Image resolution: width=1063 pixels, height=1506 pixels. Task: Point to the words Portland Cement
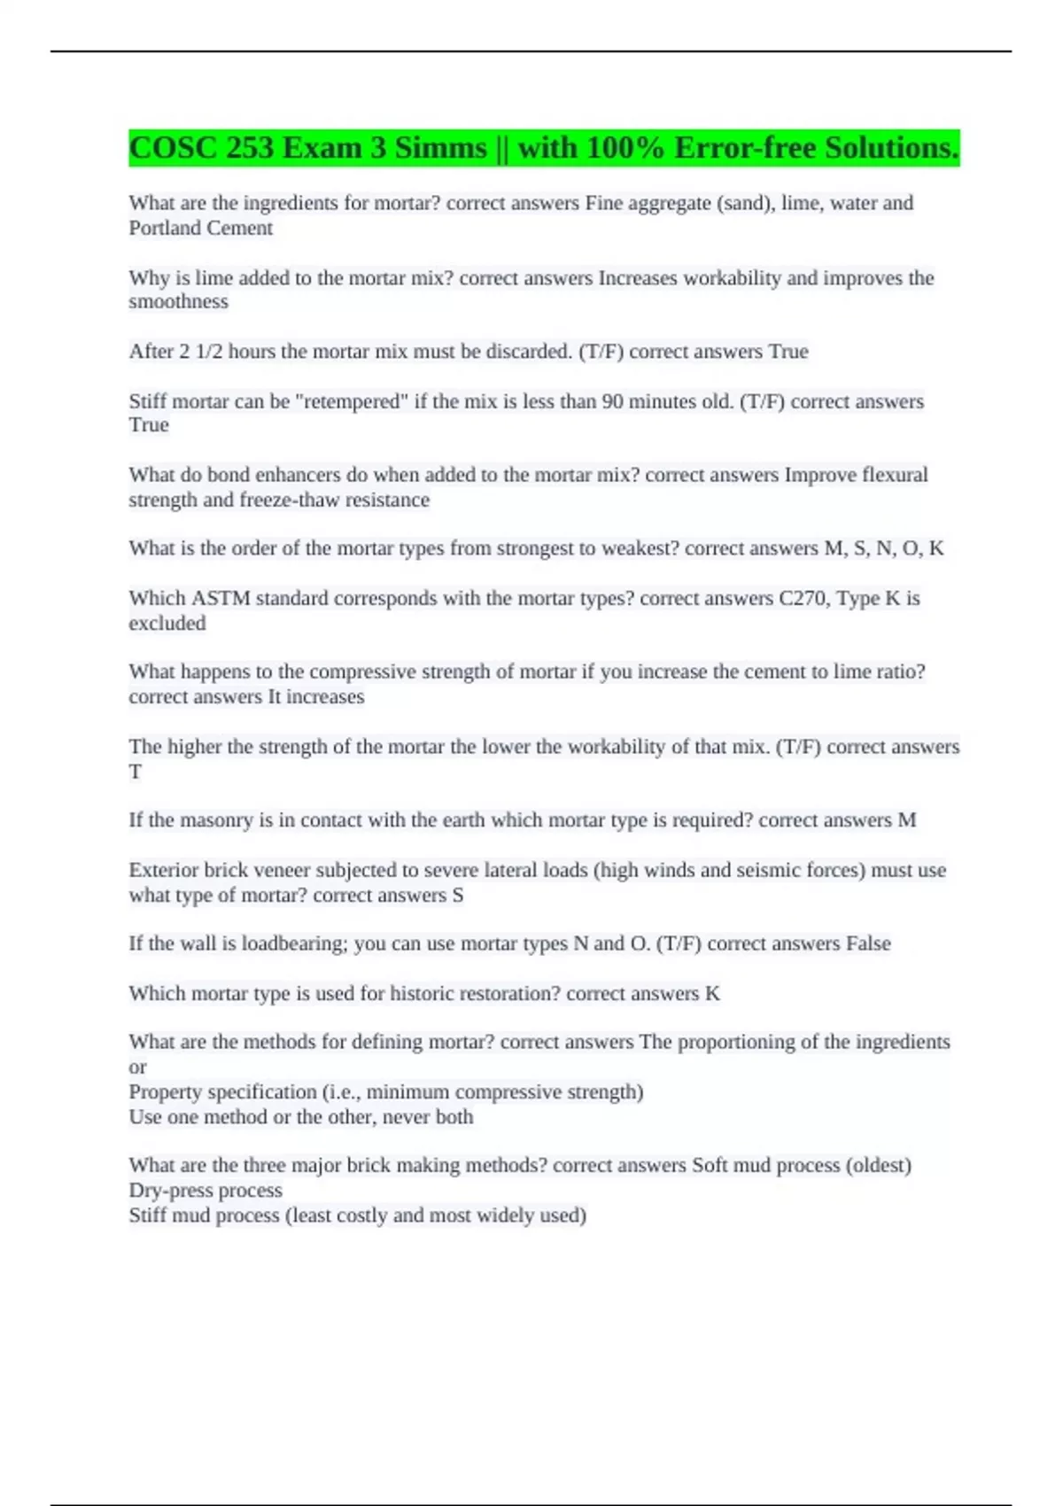click(x=200, y=229)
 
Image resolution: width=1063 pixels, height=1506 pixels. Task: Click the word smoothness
click(x=178, y=302)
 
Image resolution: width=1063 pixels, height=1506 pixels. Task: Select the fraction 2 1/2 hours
click(x=227, y=352)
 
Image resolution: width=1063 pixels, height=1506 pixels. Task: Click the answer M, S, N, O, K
click(x=884, y=548)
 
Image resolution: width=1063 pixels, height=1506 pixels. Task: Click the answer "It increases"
click(x=316, y=697)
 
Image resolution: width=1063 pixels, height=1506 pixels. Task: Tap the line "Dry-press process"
click(x=206, y=1191)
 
